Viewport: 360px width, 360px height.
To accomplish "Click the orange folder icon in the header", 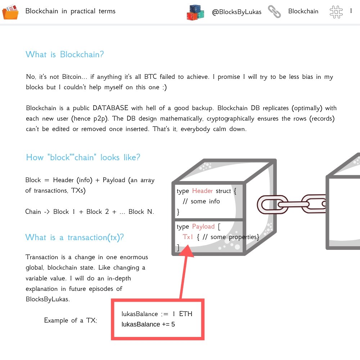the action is click(10, 12).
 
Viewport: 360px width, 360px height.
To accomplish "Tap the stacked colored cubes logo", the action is click(195, 12).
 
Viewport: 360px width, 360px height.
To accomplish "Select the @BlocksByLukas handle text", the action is click(237, 12).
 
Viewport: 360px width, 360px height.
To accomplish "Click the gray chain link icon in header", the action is click(274, 12).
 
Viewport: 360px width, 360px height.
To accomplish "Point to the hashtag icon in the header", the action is click(336, 12).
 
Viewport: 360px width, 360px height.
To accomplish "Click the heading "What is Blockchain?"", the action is click(65, 55).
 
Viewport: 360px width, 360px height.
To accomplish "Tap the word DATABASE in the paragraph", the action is click(110, 108).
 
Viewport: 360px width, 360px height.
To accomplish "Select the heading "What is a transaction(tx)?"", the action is click(75, 238).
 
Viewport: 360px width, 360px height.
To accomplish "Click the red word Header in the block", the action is click(202, 191).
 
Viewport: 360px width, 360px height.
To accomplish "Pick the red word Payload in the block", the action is click(203, 226).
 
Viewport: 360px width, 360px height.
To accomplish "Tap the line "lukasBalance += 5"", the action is click(148, 324).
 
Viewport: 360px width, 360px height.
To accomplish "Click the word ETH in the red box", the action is click(186, 314).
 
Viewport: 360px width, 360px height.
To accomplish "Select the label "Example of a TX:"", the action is click(71, 320).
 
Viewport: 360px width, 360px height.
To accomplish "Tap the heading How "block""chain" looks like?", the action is click(83, 158).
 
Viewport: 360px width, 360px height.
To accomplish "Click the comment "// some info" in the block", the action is click(201, 201).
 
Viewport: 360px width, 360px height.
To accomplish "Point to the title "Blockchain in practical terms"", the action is click(71, 11).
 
